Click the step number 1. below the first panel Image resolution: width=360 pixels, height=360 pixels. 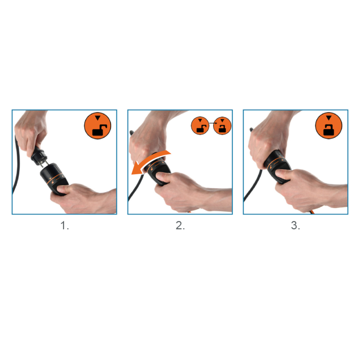point(64,226)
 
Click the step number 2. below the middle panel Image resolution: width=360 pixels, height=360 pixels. point(180,226)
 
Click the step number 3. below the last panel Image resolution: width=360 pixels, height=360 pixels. point(295,226)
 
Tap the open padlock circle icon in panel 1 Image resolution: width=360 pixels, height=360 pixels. point(97,126)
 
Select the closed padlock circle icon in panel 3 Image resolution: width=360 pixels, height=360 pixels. point(328,126)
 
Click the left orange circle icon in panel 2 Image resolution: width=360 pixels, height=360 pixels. point(200,126)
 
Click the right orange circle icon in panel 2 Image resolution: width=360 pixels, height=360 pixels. point(222,126)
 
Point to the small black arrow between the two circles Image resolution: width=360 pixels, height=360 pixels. point(213,123)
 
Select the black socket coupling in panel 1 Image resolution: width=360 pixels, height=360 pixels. point(54,178)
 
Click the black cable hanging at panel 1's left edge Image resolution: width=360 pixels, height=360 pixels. point(16,164)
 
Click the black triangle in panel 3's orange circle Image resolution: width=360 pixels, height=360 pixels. point(329,118)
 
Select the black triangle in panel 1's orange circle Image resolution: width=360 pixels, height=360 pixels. point(97,118)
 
